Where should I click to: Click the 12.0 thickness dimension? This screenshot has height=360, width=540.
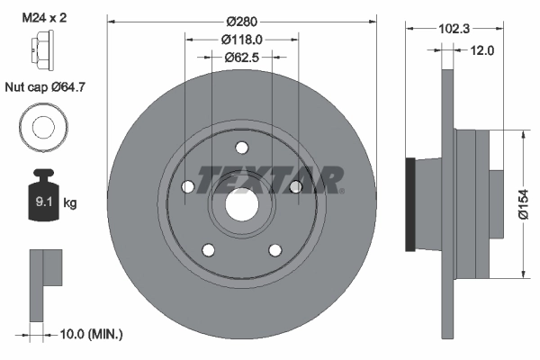pos(482,50)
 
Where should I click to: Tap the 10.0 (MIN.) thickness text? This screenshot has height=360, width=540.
pos(89,334)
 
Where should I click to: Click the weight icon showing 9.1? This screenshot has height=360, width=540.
pos(41,192)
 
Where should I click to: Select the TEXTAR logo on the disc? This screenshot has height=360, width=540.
pos(270,180)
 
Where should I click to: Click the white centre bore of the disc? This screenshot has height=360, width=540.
pos(240,204)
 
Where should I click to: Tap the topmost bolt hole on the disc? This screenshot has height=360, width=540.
pos(241,149)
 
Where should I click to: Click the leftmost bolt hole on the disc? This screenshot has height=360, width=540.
pos(188,187)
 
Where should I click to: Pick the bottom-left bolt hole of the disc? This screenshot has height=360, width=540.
pos(208,249)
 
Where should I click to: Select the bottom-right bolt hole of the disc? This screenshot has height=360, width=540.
pos(274,249)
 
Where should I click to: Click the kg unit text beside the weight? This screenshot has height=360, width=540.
pos(71,203)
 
